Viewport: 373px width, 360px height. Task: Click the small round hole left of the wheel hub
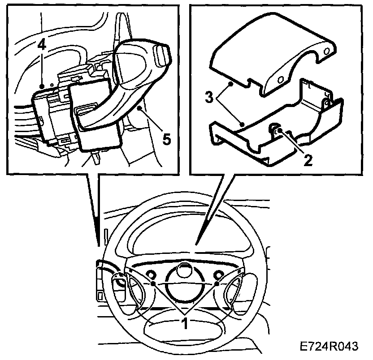[x=150, y=274]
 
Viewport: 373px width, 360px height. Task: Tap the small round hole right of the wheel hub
[x=219, y=274]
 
